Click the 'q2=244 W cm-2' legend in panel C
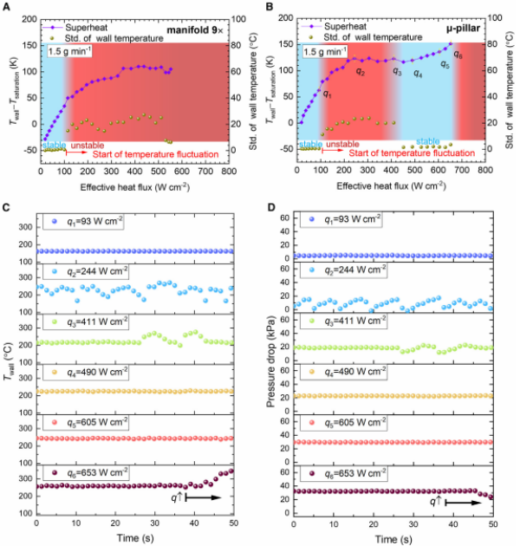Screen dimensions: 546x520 tap(97, 271)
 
